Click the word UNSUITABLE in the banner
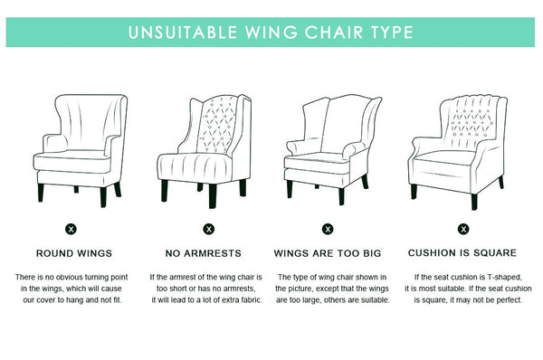(x=183, y=33)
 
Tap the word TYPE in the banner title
(x=392, y=33)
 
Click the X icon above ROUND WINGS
(x=71, y=229)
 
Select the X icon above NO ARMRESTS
(x=209, y=229)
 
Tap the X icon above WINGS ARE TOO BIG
(x=328, y=229)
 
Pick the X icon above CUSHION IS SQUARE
(x=463, y=229)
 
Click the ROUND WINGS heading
(x=74, y=253)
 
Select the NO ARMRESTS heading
(x=204, y=253)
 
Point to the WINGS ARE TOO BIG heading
(x=328, y=253)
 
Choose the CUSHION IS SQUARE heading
(x=462, y=253)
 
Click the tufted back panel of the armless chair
(x=217, y=125)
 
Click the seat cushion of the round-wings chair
(x=72, y=162)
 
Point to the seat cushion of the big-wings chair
(x=317, y=164)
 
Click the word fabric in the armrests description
(x=251, y=300)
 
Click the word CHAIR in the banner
(x=334, y=33)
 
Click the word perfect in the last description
(x=509, y=300)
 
